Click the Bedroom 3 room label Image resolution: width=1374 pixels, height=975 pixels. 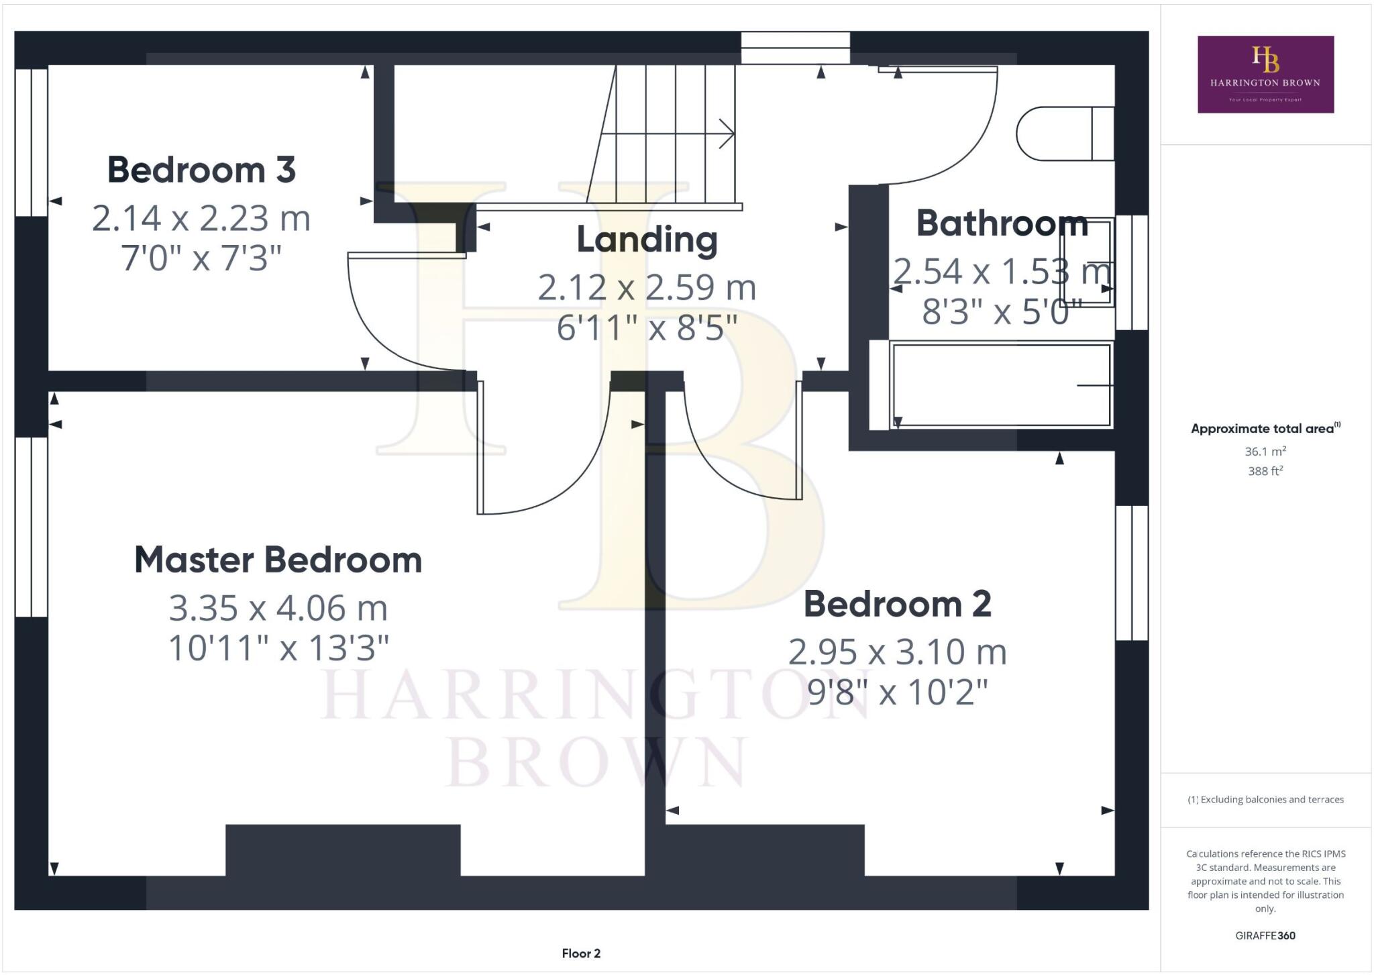(x=201, y=170)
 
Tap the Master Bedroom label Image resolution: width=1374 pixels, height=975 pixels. (x=278, y=560)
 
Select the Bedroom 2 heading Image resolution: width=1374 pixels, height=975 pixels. (x=897, y=604)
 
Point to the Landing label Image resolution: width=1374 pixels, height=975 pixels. (x=647, y=240)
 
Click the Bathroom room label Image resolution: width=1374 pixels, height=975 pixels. (x=1002, y=223)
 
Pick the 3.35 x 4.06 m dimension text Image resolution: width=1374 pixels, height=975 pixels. (x=278, y=608)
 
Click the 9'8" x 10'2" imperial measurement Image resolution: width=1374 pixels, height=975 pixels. (x=897, y=692)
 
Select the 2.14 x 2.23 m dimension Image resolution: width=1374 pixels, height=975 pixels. (x=201, y=218)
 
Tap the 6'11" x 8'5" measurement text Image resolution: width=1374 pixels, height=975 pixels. (x=647, y=328)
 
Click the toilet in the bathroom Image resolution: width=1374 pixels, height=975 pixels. (x=1063, y=134)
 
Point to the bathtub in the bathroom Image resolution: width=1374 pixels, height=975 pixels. (x=1000, y=385)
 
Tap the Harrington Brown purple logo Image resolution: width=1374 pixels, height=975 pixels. (x=1265, y=74)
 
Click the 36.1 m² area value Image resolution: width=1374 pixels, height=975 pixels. (x=1265, y=452)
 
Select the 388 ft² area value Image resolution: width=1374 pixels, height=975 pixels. (x=1265, y=471)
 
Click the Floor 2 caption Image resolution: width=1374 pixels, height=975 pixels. (x=581, y=954)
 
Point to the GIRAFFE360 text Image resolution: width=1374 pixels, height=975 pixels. (x=1265, y=935)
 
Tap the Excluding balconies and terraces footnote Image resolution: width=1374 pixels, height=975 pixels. (x=1265, y=799)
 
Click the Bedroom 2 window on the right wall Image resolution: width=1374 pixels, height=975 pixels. (x=1132, y=572)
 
